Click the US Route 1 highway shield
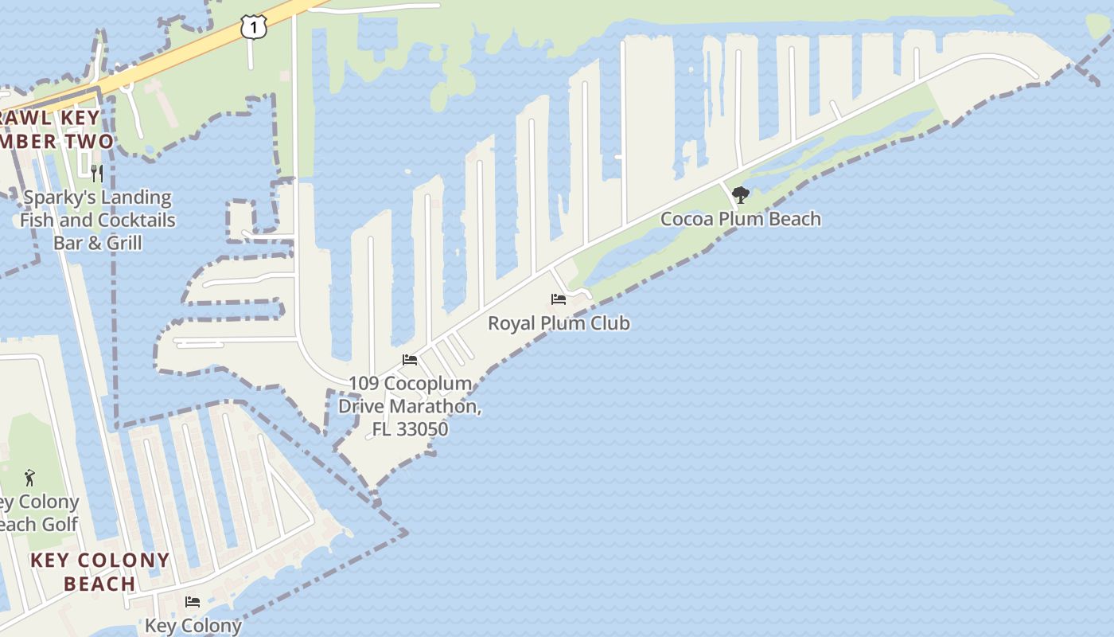click(x=253, y=28)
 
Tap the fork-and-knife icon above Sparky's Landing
click(x=97, y=173)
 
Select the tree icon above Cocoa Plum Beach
click(x=741, y=195)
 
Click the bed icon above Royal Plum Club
click(x=559, y=299)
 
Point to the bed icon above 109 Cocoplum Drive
click(x=410, y=360)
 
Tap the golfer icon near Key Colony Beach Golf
click(x=30, y=478)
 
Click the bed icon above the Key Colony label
click(x=193, y=601)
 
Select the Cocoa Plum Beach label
click(x=741, y=219)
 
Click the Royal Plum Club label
click(x=559, y=323)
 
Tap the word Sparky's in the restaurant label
click(x=57, y=197)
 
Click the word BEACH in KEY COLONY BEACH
click(x=99, y=584)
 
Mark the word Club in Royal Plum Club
click(x=610, y=323)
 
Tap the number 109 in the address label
click(x=363, y=384)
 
